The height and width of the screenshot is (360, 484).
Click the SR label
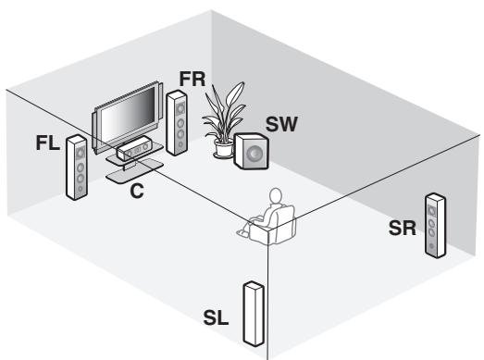[x=401, y=229]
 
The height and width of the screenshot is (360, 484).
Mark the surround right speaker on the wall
[x=433, y=226]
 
